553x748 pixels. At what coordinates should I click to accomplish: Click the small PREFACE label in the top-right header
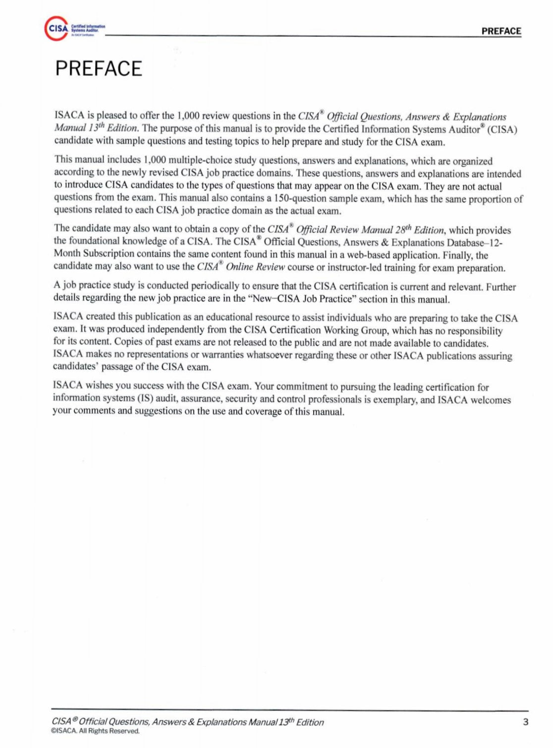[501, 31]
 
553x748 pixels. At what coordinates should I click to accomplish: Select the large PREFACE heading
[99, 68]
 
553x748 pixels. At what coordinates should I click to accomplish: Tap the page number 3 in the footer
[526, 722]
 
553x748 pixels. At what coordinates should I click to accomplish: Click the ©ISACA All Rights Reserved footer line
[95, 731]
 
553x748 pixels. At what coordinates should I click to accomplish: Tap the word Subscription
[109, 254]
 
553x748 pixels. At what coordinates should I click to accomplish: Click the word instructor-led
[354, 268]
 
